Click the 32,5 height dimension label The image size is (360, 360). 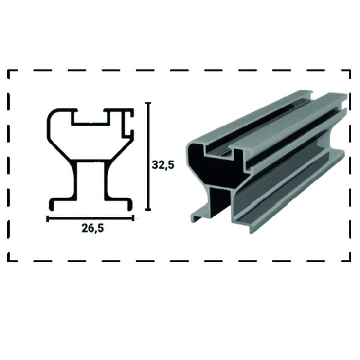pos(163,165)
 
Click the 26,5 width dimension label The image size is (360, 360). pos(92,228)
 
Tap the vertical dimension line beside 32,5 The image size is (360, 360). pos(148,156)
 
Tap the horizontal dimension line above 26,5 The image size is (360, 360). pos(90,218)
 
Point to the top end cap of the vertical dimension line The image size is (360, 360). pos(148,103)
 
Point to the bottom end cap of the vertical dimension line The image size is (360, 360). pos(148,209)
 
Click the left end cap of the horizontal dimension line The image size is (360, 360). pos(47,218)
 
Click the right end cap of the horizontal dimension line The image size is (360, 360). pos(133,218)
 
